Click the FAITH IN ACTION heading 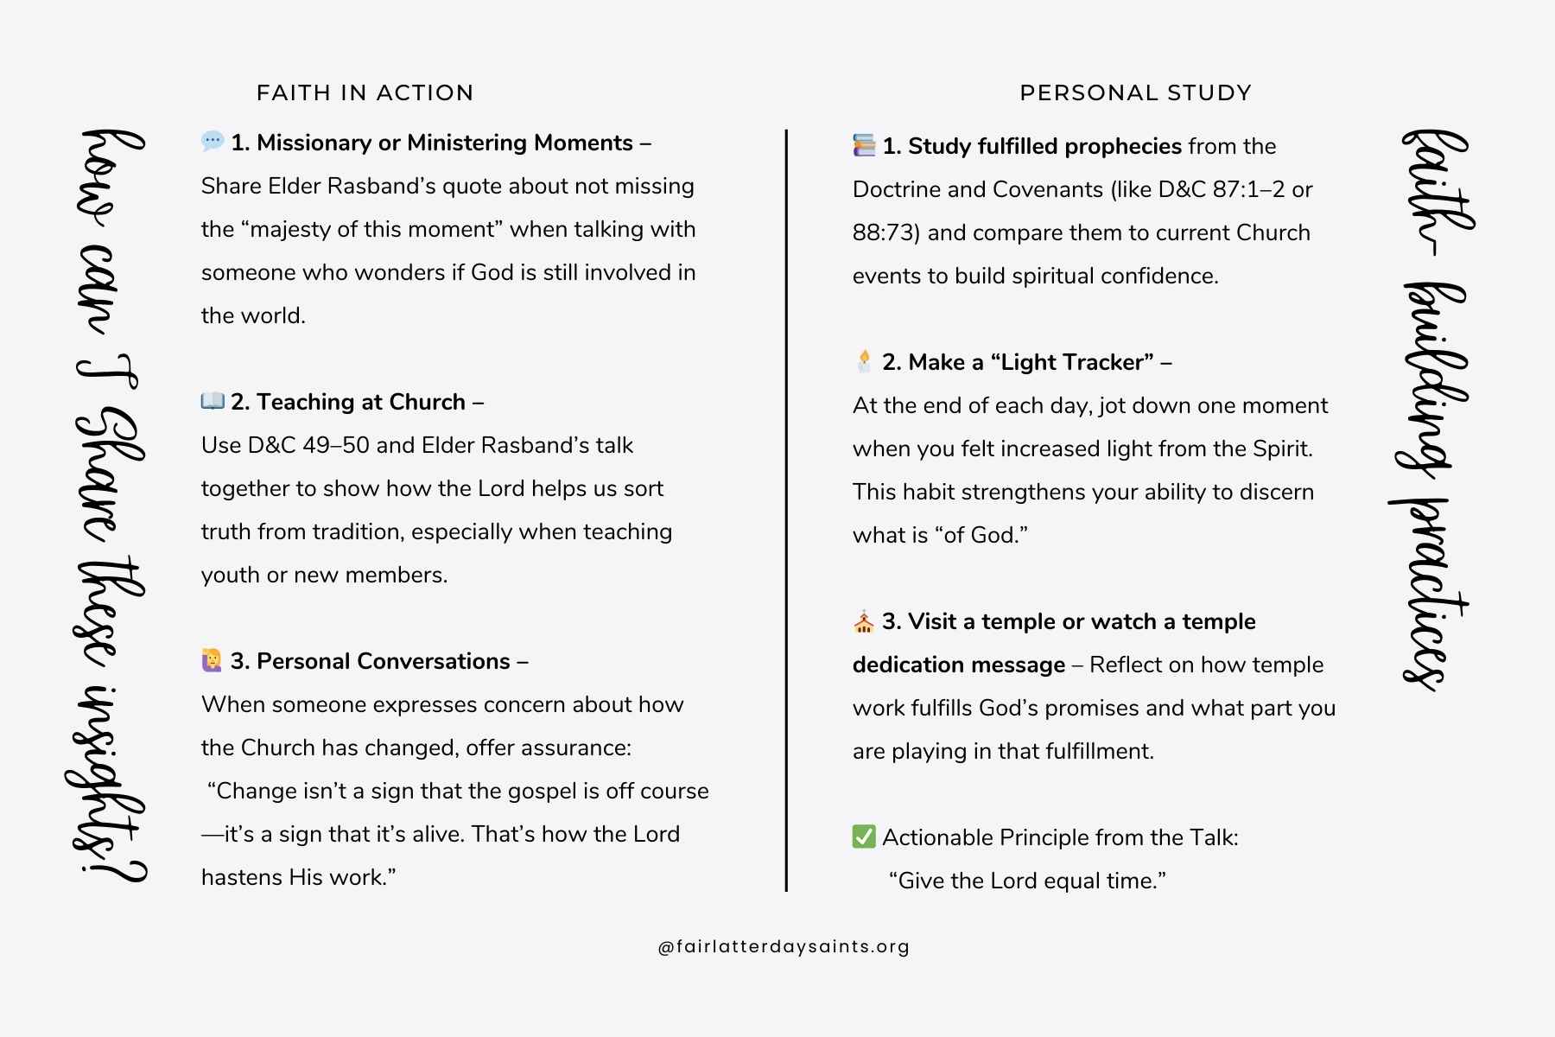[365, 93]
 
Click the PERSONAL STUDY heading [1135, 93]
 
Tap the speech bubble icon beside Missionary [212, 142]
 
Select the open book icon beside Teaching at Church [213, 401]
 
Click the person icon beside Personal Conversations [212, 660]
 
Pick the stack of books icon [864, 145]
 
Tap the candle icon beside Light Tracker [864, 360]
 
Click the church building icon [864, 621]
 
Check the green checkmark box [864, 837]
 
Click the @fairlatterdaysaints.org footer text [784, 946]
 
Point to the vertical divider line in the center [786, 510]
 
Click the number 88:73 [881, 232]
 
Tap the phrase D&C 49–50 [308, 445]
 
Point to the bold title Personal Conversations [384, 661]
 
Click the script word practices [1425, 596]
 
